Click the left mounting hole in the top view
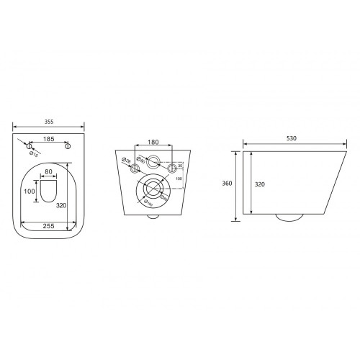pyautogui.click(x=30, y=146)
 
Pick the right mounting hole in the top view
pyautogui.click(x=68, y=146)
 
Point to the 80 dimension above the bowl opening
pyautogui.click(x=49, y=171)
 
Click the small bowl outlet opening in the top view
pyautogui.click(x=49, y=191)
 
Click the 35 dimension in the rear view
pyautogui.click(x=179, y=165)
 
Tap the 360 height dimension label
pyautogui.click(x=227, y=184)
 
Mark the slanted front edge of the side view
pyautogui.click(x=327, y=184)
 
